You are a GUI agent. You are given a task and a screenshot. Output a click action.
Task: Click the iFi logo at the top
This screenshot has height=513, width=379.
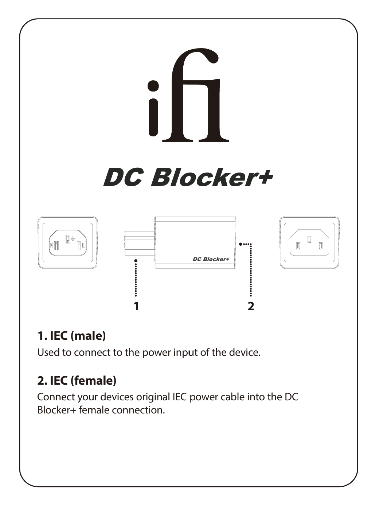pyautogui.click(x=188, y=95)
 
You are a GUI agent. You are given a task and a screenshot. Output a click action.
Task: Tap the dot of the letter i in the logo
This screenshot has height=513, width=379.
pyautogui.click(x=153, y=86)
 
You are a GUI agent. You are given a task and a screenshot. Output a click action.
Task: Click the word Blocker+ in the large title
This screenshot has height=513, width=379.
pyautogui.click(x=212, y=178)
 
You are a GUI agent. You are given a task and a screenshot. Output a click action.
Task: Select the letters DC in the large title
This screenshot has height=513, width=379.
pyautogui.click(x=122, y=178)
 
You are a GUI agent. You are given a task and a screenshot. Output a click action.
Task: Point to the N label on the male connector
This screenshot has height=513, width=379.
pyautogui.click(x=52, y=245)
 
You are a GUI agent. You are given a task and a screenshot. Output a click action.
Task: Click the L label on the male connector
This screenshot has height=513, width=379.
pyautogui.click(x=84, y=246)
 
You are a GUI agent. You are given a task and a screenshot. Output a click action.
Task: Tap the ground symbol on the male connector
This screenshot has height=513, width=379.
pyautogui.click(x=73, y=238)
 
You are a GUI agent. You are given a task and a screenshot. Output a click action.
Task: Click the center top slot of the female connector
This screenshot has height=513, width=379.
pyautogui.click(x=309, y=239)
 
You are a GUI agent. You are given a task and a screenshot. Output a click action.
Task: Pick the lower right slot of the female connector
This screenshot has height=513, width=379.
pyautogui.click(x=320, y=246)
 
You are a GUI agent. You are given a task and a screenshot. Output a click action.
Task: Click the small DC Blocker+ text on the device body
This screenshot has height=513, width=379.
pyautogui.click(x=211, y=259)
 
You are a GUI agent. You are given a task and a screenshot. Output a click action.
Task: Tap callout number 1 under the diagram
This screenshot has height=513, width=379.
pyautogui.click(x=136, y=306)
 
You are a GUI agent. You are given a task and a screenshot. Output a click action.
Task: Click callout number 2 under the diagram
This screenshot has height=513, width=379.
pyautogui.click(x=251, y=306)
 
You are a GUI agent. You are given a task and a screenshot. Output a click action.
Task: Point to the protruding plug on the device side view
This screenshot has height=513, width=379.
pyautogui.click(x=140, y=242)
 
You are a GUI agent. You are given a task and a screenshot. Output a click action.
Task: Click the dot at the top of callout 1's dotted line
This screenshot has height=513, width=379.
pyautogui.click(x=136, y=261)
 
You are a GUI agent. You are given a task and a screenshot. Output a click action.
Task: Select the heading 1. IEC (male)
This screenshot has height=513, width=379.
pyautogui.click(x=71, y=336)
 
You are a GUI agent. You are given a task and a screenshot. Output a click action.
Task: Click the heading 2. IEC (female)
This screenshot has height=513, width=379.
pyautogui.click(x=77, y=381)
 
